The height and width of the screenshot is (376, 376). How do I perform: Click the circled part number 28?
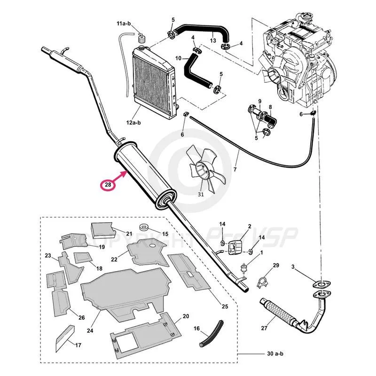[x=108, y=185]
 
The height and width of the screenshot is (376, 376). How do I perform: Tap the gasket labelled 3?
[x=321, y=284]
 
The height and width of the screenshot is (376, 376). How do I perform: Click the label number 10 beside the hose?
[x=178, y=58]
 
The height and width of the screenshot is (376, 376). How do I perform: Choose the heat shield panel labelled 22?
[x=147, y=252]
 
